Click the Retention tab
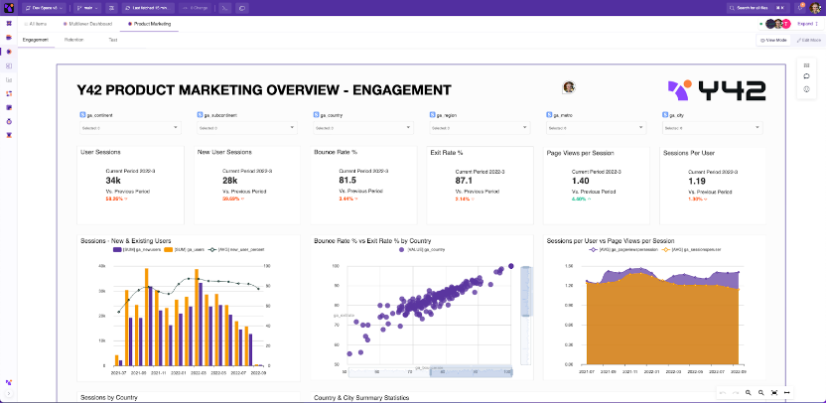pos(73,40)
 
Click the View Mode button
pos(772,40)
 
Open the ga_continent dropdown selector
pos(129,128)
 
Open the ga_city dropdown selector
pos(714,128)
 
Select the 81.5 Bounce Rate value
pos(347,181)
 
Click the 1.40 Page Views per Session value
pos(582,182)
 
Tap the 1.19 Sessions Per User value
pos(698,182)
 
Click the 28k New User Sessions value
pos(230,181)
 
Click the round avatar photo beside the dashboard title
pos(569,87)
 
